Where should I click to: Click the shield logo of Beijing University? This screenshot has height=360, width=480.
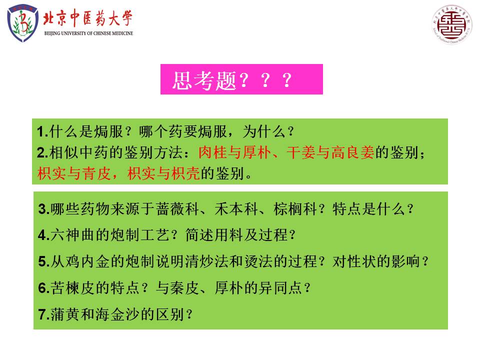[22, 23]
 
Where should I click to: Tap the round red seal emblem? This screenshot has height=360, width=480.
[452, 24]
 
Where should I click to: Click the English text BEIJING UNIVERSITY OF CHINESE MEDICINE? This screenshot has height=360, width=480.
[89, 33]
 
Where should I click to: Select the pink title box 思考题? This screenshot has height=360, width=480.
[241, 79]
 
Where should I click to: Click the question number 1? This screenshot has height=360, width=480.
[41, 132]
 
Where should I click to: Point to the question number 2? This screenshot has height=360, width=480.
[41, 153]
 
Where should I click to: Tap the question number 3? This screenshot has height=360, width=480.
[42, 209]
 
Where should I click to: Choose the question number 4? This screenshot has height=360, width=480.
[42, 235]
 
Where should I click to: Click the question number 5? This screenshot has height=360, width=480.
[42, 261]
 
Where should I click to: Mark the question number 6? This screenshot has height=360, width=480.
[42, 288]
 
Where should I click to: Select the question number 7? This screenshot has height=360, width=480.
[42, 314]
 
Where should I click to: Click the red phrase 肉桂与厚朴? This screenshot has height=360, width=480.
[235, 152]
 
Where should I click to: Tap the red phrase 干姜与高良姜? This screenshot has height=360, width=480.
[330, 152]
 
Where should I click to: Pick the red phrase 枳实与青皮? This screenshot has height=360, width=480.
[74, 173]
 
